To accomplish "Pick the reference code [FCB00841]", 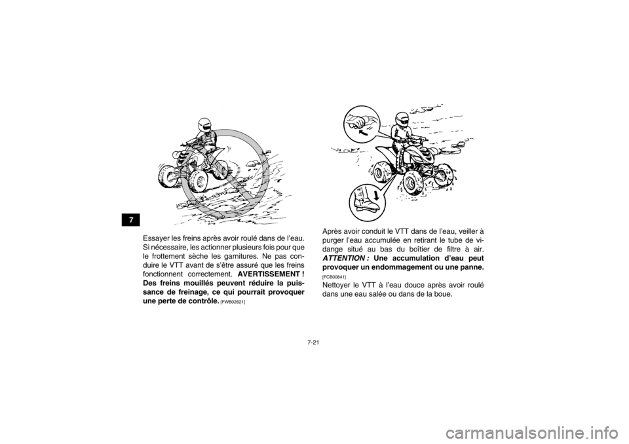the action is [334, 277].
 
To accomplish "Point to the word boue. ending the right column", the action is [444, 295].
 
